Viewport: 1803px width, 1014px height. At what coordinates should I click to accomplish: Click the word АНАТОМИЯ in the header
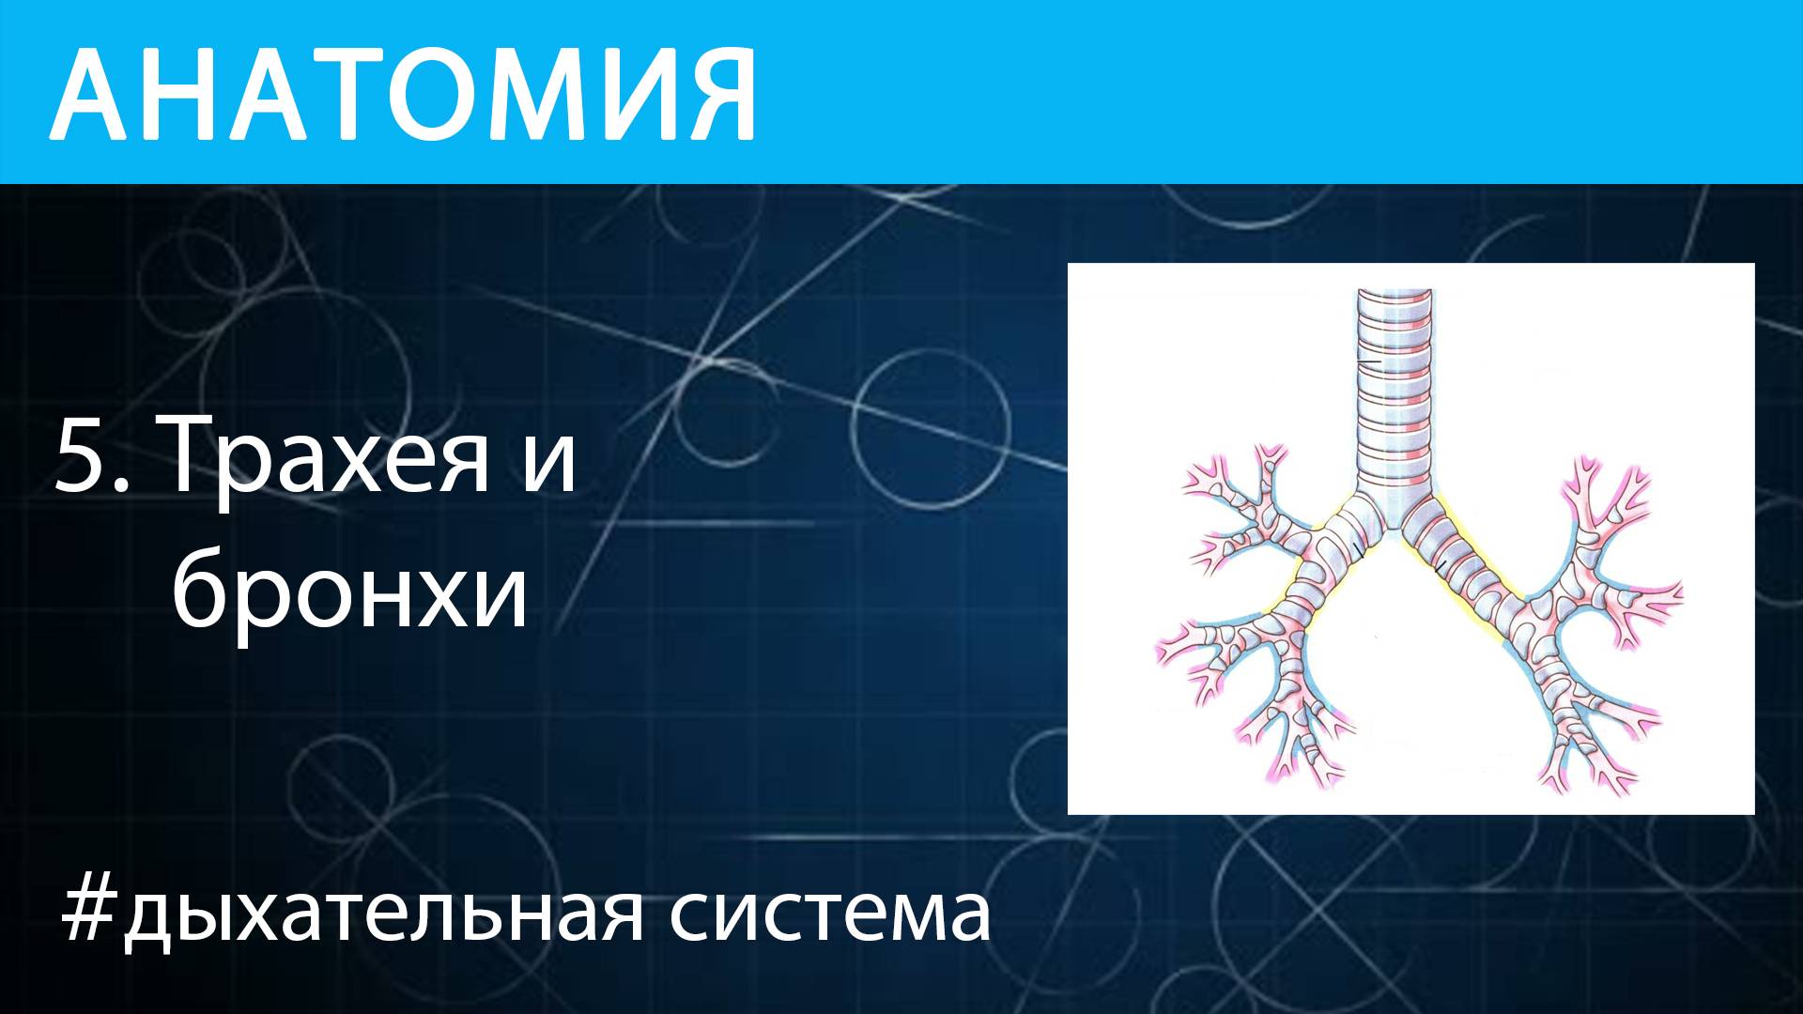pyautogui.click(x=404, y=94)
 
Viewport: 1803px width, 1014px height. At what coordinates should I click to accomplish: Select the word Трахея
pyautogui.click(x=329, y=458)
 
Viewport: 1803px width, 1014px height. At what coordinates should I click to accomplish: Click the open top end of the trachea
pyautogui.click(x=1395, y=294)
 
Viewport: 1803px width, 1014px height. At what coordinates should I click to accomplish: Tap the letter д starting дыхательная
pyautogui.click(x=148, y=916)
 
